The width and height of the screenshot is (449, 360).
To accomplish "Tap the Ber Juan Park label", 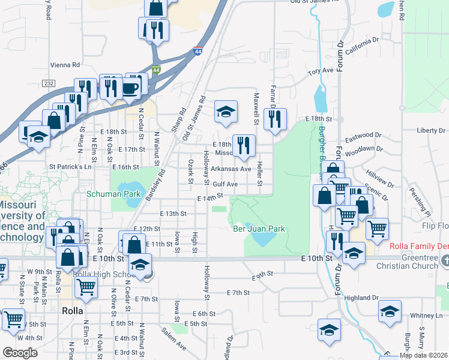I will pyautogui.click(x=258, y=229).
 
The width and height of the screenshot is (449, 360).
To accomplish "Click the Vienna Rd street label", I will pyautogui.click(x=66, y=65).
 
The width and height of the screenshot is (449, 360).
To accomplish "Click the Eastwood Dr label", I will pyautogui.click(x=364, y=136).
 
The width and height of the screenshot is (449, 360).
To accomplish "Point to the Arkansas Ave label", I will pyautogui.click(x=231, y=169).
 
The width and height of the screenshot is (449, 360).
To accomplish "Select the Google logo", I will pyautogui.click(x=20, y=353).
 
